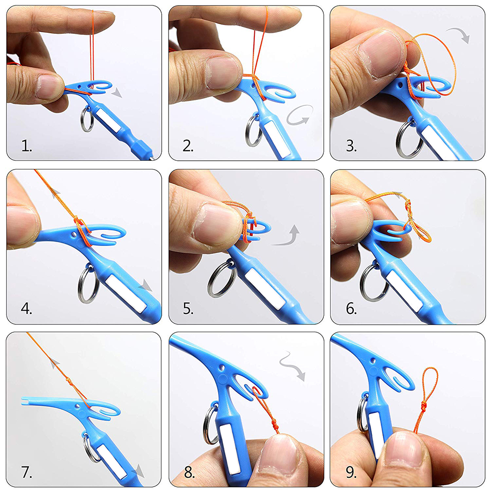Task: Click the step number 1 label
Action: [x=26, y=146]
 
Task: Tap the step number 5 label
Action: [x=188, y=309]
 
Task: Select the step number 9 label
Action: [x=351, y=472]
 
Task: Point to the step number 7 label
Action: [x=26, y=472]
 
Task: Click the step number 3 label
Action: [x=351, y=146]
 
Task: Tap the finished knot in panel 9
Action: [x=423, y=406]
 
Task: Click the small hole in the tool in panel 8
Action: [x=222, y=367]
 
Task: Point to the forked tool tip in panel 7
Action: [x=25, y=401]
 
